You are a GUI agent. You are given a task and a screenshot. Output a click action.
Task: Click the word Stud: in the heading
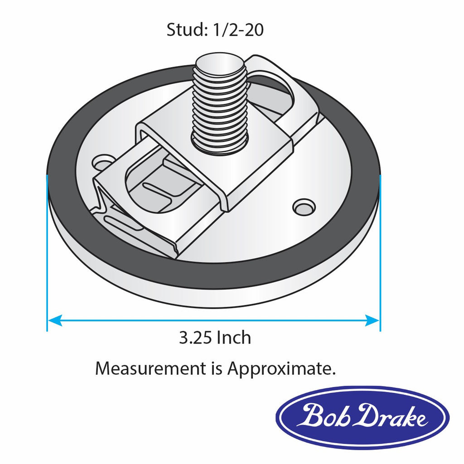tap(186, 30)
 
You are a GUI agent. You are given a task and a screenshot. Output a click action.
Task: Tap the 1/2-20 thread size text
tap(236, 30)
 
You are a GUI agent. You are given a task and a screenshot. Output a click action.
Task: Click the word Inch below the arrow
tap(234, 338)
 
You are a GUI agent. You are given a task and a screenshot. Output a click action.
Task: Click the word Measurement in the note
tap(150, 368)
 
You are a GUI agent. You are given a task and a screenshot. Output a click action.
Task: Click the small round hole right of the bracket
tap(303, 206)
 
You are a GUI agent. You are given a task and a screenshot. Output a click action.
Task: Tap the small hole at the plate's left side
tap(103, 162)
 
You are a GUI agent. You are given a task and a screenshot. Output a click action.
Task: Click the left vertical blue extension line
tap(47, 254)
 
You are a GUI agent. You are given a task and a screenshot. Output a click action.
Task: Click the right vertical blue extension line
tap(380, 254)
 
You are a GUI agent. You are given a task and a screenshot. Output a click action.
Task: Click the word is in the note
tap(216, 368)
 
